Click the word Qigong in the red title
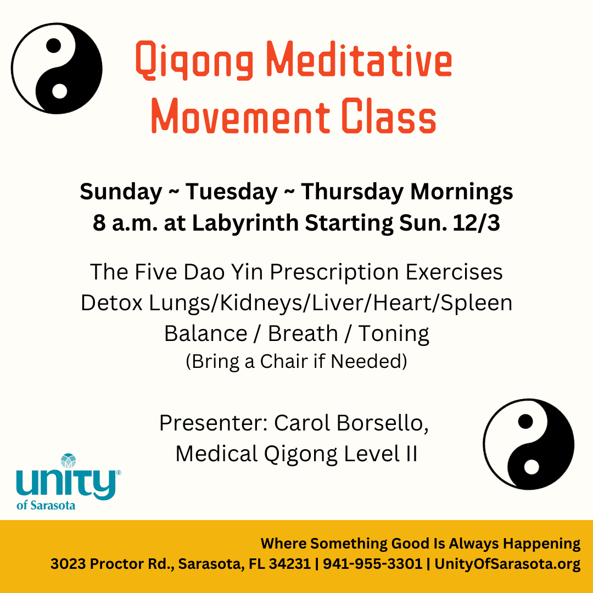[x=194, y=60]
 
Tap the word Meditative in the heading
[x=359, y=59]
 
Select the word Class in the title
[x=389, y=115]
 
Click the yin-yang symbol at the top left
[x=57, y=68]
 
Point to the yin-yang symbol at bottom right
[x=529, y=444]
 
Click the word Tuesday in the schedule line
[x=232, y=192]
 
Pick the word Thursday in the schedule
[x=353, y=192]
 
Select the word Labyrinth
[x=245, y=223]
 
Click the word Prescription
[x=334, y=272]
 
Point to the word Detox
[x=111, y=303]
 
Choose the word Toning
[x=394, y=334]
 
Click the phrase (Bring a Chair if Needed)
[x=296, y=361]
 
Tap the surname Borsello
[x=383, y=423]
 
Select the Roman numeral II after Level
[x=411, y=454]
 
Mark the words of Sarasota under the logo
[x=46, y=505]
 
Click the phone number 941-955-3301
[x=372, y=563]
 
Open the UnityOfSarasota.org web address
[x=507, y=564]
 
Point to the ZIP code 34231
[x=290, y=563]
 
